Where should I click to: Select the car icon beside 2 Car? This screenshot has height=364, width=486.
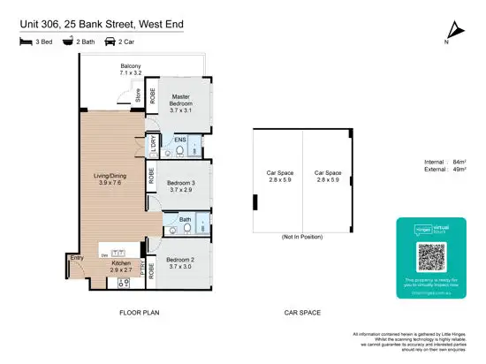pyautogui.click(x=110, y=41)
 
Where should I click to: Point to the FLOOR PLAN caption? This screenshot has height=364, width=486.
pyautogui.click(x=139, y=313)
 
